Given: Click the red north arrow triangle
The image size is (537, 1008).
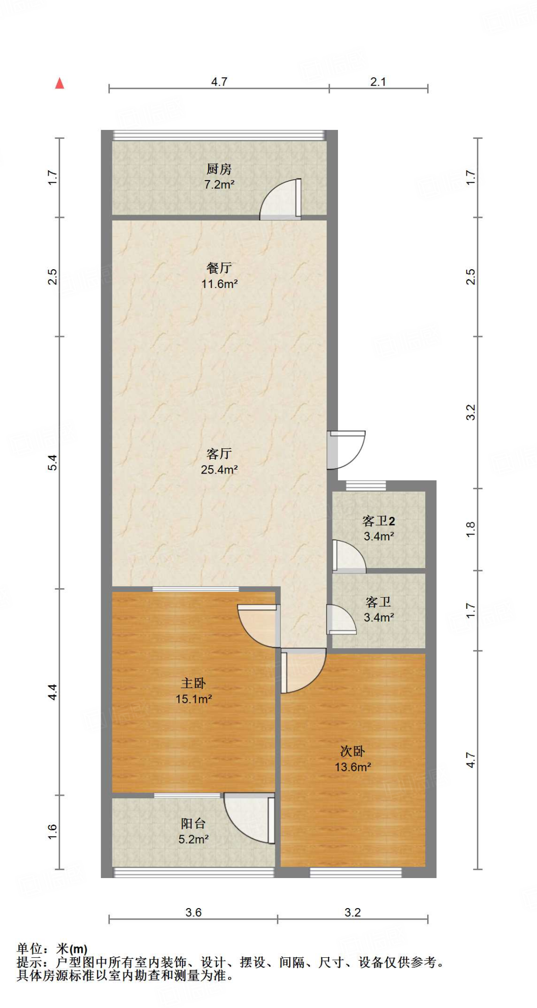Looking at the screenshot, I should (60, 84).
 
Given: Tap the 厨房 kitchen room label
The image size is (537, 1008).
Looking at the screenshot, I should (219, 169).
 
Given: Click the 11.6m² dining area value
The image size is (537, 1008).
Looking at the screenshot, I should (219, 284).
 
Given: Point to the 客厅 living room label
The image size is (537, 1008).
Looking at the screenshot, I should (219, 453).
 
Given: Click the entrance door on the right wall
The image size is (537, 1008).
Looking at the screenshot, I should (347, 449).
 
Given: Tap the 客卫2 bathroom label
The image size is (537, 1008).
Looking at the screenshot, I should (378, 521).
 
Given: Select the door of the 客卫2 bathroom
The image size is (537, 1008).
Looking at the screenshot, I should (348, 557).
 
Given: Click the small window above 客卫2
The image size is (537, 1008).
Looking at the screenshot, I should (366, 486).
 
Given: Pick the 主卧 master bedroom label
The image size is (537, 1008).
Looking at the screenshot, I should (193, 683).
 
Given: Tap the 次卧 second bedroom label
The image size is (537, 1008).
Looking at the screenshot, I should (353, 751).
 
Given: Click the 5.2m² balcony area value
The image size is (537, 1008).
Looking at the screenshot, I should (193, 839).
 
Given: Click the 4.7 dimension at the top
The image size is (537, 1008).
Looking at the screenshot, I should (219, 82).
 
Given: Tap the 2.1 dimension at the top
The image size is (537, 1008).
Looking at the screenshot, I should (378, 82).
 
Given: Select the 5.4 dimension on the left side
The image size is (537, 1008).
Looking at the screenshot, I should (53, 462).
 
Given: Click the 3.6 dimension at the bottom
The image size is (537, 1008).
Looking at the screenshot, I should (193, 912).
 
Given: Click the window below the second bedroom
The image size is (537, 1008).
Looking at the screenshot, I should (355, 872).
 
